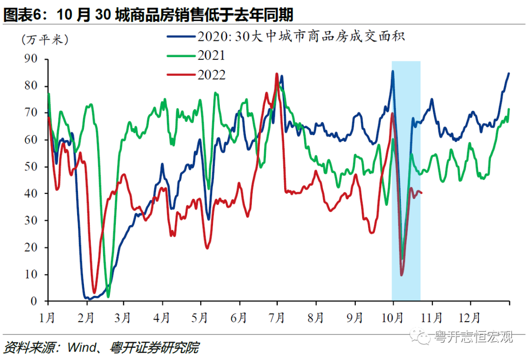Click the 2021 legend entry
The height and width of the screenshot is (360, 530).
[196, 55]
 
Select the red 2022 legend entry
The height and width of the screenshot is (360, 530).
[196, 75]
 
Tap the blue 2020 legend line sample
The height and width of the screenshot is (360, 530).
[181, 36]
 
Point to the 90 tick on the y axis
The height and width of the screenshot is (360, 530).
[30, 58]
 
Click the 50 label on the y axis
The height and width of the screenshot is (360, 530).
[30, 166]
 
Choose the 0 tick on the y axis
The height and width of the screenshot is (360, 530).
[34, 301]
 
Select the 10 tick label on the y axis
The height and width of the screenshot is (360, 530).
[30, 274]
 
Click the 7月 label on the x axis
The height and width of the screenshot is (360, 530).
[276, 318]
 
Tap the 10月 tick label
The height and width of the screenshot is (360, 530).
[393, 318]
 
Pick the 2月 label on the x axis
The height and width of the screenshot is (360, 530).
[85, 318]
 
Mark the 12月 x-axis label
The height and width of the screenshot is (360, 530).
[470, 318]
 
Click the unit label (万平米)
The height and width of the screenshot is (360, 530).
[45, 40]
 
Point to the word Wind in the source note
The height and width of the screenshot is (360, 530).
[81, 348]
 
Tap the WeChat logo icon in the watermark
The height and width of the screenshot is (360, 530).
[420, 335]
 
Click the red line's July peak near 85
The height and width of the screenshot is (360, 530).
[277, 74]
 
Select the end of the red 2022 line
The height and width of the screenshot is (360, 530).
[422, 193]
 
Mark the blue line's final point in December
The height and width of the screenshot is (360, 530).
[509, 73]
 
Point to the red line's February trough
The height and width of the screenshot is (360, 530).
[94, 293]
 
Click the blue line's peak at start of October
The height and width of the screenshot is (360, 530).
[393, 71]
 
